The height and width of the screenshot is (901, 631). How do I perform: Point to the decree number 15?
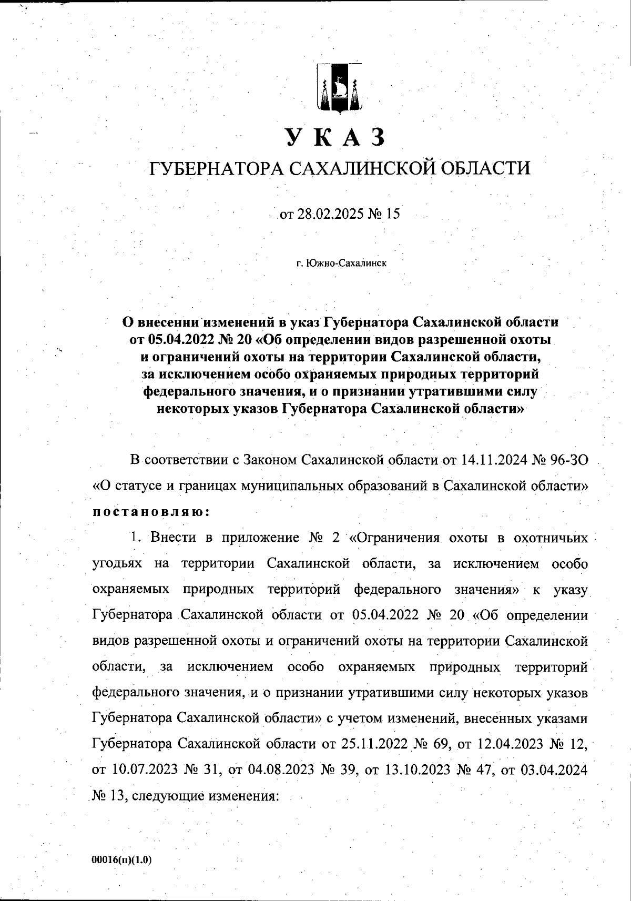pyautogui.click(x=393, y=214)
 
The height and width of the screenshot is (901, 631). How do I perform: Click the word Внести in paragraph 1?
pyautogui.click(x=173, y=538)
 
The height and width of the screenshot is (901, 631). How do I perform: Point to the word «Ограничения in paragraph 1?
pyautogui.click(x=394, y=538)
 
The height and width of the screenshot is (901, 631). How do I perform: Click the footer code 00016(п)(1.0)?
pyautogui.click(x=121, y=860)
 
